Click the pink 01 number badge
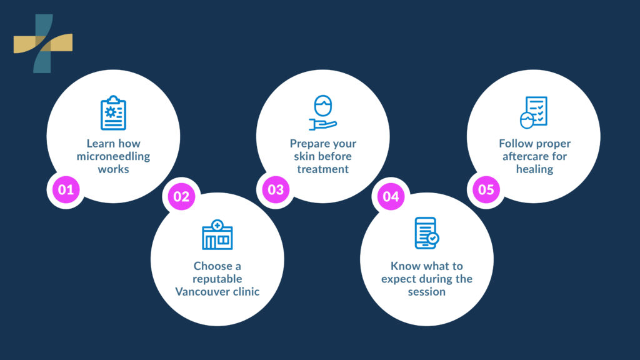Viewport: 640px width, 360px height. point(66,189)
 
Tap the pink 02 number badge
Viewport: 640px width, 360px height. point(181,197)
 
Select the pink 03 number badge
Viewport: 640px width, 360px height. point(276,189)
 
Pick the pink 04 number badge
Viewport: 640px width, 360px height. point(391,197)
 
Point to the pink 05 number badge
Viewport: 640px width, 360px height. point(486,189)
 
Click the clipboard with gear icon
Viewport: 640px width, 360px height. point(113,112)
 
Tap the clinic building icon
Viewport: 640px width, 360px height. point(217,235)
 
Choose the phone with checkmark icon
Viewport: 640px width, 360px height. point(427,233)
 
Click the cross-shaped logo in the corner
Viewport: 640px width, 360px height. point(43,43)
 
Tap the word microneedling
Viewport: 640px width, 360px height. point(113,156)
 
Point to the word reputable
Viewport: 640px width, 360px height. point(217,279)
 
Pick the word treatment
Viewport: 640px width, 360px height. point(322,169)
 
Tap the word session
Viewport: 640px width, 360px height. point(427,291)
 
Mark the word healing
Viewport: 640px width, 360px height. point(534,169)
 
